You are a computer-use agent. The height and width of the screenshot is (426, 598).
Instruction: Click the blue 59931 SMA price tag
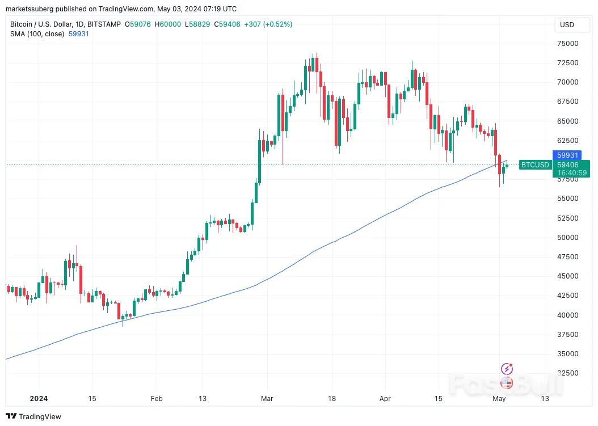567,155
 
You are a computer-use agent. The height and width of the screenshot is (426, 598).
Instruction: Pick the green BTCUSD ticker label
535,165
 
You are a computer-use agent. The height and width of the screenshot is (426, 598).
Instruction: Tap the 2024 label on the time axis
39,399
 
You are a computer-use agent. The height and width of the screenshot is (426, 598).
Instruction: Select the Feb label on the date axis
156,399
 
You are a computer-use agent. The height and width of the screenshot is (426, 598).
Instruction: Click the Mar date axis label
267,399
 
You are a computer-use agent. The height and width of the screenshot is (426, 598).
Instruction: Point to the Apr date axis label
385,399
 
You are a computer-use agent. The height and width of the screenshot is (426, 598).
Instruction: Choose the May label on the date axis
499,399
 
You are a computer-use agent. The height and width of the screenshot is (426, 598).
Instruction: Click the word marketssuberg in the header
29,9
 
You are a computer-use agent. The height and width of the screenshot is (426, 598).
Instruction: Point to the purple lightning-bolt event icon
507,369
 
